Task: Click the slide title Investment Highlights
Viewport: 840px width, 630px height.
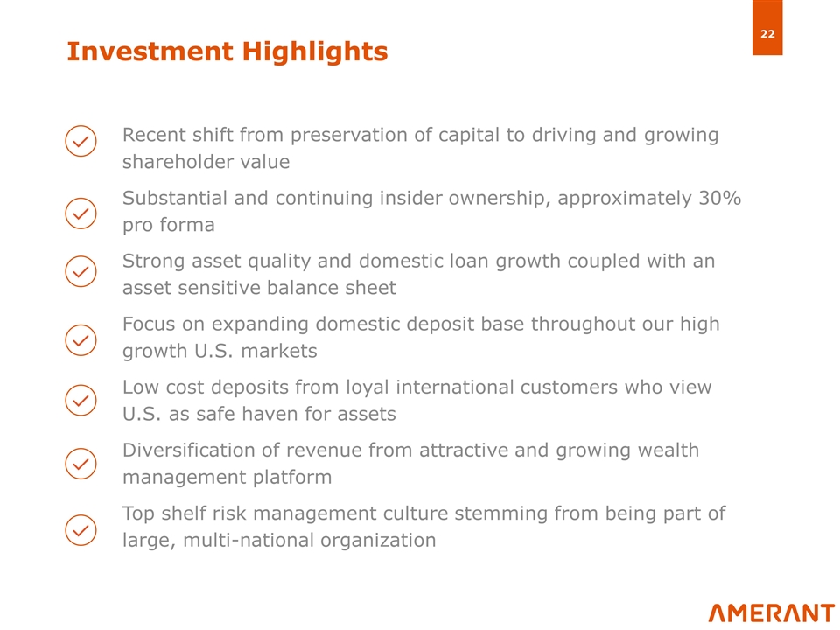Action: point(227,52)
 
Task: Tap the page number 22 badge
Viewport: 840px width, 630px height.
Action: point(766,34)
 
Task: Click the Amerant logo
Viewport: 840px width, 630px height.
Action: point(771,612)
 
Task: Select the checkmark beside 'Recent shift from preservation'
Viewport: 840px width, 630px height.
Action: point(80,142)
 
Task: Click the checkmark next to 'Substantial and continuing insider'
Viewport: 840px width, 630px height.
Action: point(80,213)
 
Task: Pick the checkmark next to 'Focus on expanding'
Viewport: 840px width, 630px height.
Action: point(80,339)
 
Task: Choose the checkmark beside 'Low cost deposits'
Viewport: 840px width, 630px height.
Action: point(80,401)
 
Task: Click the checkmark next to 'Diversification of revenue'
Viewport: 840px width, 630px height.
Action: point(80,463)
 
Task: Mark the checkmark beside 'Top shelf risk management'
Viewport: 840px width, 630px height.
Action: point(80,529)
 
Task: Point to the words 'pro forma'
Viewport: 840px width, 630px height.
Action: point(168,226)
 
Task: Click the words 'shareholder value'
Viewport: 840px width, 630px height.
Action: point(206,163)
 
